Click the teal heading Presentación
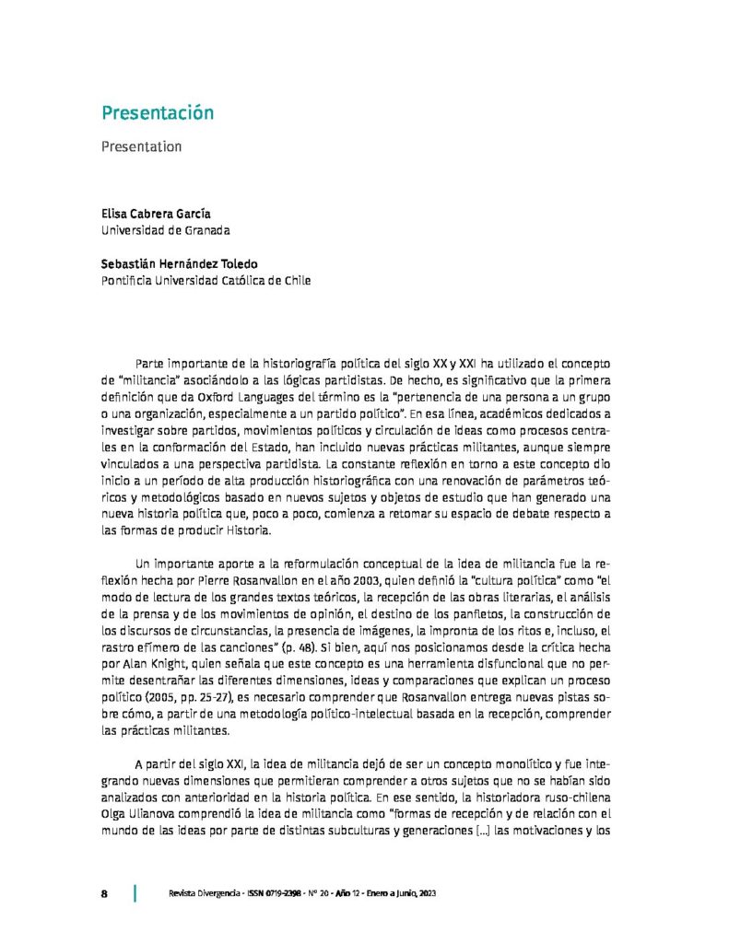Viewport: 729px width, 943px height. click(157, 113)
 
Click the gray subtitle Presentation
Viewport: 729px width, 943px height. click(141, 146)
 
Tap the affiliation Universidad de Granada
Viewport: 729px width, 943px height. click(165, 230)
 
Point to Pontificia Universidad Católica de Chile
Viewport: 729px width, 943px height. click(206, 280)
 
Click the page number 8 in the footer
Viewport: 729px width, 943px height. click(104, 893)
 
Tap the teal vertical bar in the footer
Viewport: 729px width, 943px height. click(136, 893)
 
